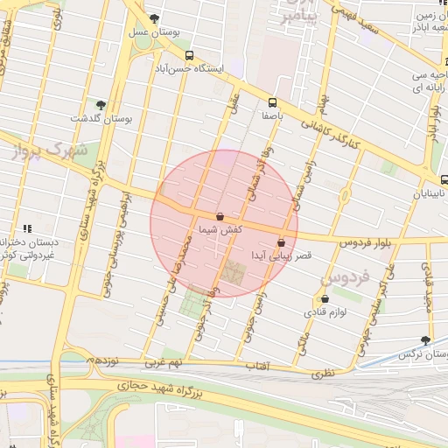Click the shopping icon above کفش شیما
[x=219, y=215]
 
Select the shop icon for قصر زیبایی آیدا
[x=281, y=242]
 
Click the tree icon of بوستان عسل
[x=155, y=17]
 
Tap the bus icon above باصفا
[x=273, y=101]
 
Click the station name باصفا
[x=273, y=115]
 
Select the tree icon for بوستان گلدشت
[x=100, y=104]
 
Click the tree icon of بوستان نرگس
[x=426, y=339]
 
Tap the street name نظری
[x=323, y=374]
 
